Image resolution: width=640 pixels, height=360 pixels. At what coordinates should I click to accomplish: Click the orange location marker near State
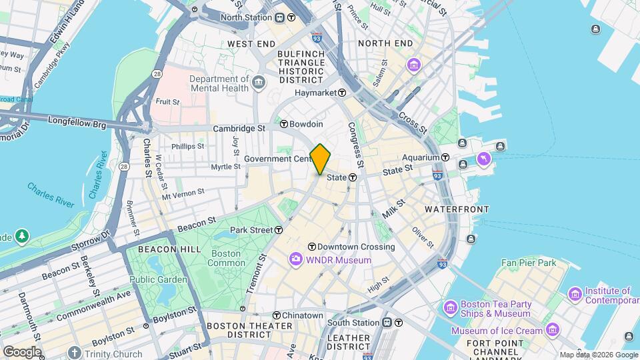click(x=321, y=159)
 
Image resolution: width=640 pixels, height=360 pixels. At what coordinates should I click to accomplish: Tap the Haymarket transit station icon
click(x=342, y=93)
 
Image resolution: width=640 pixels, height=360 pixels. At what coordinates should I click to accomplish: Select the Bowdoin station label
click(x=307, y=124)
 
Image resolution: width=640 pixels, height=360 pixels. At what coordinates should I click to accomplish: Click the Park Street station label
click(x=251, y=230)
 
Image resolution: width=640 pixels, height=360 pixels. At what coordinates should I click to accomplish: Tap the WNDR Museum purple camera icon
click(x=295, y=259)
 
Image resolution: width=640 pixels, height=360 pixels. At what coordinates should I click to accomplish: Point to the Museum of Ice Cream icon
click(x=552, y=330)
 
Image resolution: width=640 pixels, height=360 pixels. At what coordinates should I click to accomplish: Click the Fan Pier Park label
click(x=529, y=263)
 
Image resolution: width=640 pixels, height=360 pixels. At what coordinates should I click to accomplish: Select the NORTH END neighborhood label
click(x=385, y=43)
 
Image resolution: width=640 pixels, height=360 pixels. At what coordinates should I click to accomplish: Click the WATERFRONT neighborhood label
click(x=457, y=209)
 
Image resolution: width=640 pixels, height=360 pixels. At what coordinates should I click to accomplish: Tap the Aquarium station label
click(x=421, y=157)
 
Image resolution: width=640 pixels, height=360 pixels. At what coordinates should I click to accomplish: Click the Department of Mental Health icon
click(x=259, y=83)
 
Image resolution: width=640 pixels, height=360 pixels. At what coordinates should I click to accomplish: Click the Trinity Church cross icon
click(x=74, y=353)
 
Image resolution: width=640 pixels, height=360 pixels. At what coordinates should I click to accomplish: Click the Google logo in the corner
click(x=21, y=351)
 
